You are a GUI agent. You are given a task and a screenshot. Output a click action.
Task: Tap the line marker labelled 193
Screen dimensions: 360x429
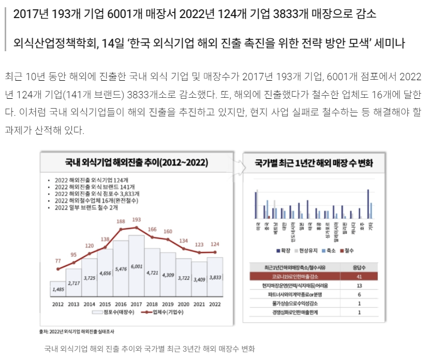(137, 227)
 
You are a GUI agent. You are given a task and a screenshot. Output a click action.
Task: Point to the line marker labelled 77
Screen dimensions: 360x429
(58, 269)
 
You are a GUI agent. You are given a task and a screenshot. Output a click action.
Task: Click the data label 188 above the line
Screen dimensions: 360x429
(121, 221)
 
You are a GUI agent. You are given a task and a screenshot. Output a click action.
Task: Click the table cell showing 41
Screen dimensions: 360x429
(359, 277)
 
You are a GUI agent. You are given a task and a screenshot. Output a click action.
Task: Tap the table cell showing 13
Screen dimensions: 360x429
(359, 286)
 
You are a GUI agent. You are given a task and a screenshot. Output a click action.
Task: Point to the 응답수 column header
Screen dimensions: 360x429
(359, 268)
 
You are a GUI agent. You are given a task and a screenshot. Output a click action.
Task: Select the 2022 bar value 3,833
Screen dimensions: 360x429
(215, 278)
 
